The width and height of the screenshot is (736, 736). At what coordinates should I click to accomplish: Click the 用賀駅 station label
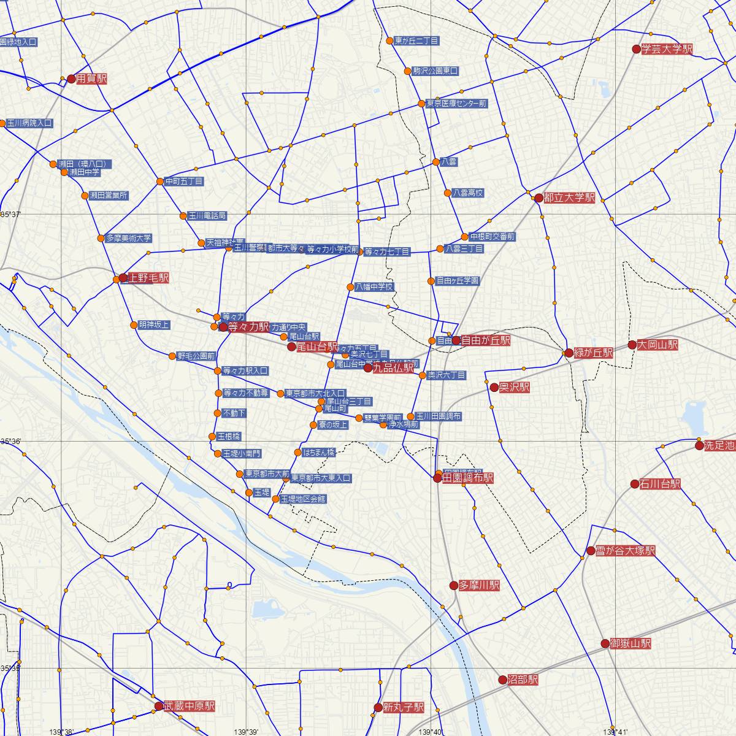[x=91, y=79]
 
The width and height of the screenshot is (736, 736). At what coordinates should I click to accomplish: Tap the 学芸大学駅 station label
[x=667, y=50]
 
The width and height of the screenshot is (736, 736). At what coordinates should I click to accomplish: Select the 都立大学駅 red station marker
[x=539, y=198]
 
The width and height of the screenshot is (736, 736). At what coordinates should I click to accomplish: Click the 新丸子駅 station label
[x=403, y=707]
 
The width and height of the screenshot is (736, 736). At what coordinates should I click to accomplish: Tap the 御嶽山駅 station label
[x=631, y=643]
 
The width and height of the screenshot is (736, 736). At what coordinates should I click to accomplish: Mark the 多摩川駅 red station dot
[x=454, y=586]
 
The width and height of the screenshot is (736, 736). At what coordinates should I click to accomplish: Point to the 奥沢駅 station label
[x=514, y=388]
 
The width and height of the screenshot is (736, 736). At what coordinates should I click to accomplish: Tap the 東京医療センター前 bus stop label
[x=456, y=104]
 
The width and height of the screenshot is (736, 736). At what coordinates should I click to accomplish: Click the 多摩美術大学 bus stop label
[x=128, y=238]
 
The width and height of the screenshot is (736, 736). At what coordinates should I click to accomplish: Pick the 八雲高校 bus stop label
[x=468, y=193]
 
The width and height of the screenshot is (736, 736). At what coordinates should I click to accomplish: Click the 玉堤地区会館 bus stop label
[x=303, y=499]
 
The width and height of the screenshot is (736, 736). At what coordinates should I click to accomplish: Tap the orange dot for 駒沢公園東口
[x=407, y=71]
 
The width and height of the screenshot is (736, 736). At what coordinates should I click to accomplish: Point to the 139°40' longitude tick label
[x=432, y=732]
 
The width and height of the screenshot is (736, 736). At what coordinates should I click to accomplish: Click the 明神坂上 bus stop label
[x=155, y=325]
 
